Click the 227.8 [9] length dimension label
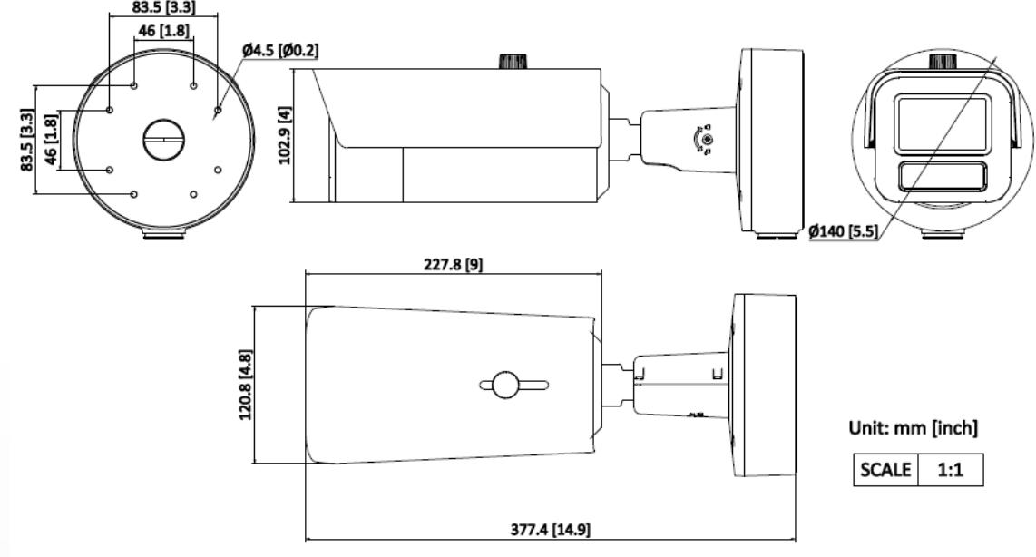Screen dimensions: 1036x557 453,264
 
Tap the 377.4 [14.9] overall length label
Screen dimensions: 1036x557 551,529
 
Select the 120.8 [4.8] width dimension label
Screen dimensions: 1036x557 246,385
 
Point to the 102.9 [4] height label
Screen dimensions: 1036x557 285,135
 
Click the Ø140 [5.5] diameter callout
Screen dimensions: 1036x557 844,230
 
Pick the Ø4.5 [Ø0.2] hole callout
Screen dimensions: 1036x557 280,50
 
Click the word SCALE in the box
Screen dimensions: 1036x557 885,469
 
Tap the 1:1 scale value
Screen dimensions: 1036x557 950,470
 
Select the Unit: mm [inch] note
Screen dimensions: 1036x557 914,427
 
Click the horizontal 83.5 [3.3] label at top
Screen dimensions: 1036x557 164,7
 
